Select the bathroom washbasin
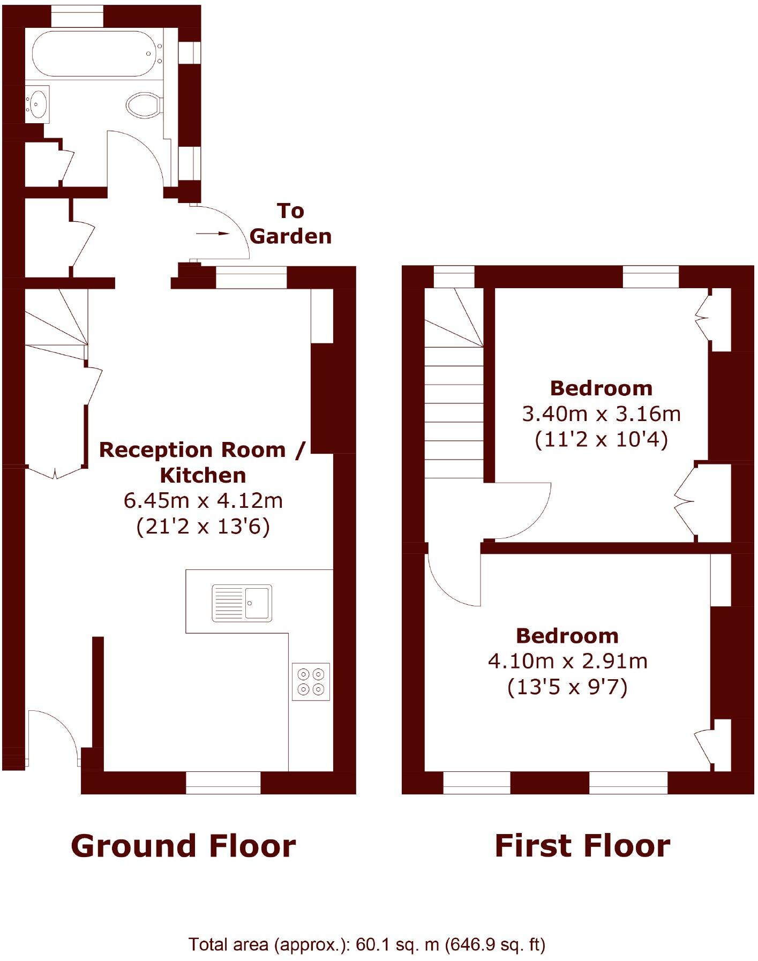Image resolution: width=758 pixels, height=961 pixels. click(x=37, y=103)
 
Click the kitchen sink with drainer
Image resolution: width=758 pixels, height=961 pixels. click(x=242, y=603)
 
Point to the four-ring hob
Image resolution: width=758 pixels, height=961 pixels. click(x=311, y=681)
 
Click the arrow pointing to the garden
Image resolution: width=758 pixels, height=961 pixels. click(x=213, y=234)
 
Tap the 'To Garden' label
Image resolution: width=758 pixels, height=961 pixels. click(x=291, y=224)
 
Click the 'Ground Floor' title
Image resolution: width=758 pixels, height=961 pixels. click(x=183, y=846)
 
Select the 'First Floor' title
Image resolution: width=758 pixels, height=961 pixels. click(x=582, y=846)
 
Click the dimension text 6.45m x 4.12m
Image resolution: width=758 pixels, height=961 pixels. click(x=203, y=501)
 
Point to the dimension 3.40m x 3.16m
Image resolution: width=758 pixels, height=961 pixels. click(x=601, y=414)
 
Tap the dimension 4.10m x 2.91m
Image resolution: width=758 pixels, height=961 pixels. click(x=567, y=661)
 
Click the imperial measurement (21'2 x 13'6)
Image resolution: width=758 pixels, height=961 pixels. click(x=203, y=527)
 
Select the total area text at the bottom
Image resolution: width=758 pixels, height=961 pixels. click(x=366, y=944)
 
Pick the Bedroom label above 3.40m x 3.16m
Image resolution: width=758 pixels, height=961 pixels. click(x=601, y=388)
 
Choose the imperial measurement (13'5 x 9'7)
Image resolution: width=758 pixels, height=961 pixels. click(x=567, y=687)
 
